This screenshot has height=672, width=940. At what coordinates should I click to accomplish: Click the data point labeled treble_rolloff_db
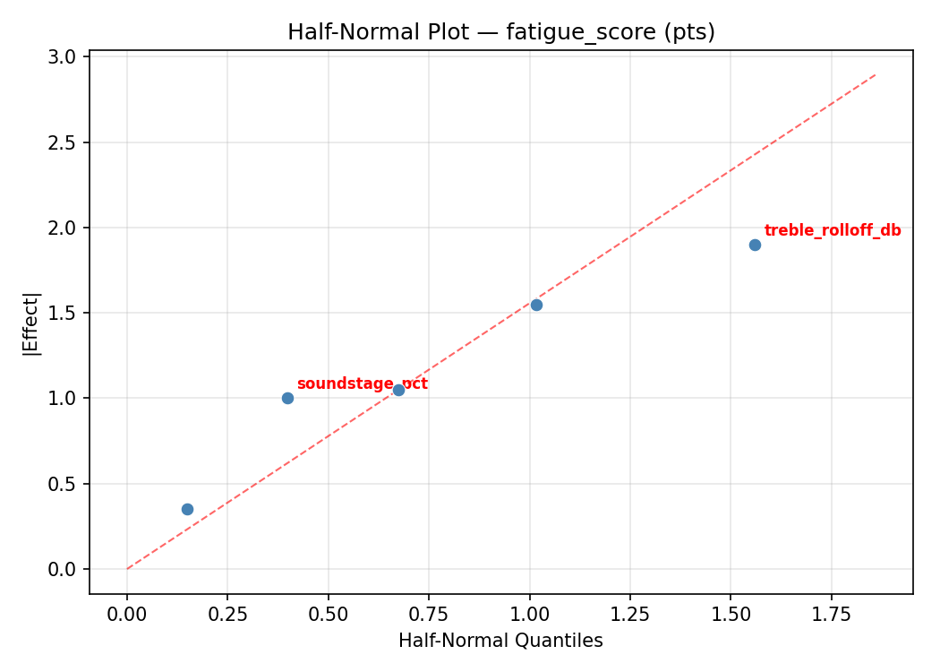click(x=755, y=245)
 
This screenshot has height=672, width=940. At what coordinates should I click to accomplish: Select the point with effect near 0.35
click(x=187, y=509)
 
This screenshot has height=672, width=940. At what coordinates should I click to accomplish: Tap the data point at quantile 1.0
click(x=536, y=305)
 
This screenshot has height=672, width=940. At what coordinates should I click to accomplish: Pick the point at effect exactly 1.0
click(x=287, y=398)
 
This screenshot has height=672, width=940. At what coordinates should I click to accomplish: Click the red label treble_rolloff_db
click(x=833, y=230)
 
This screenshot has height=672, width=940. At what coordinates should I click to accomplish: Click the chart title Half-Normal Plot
click(x=501, y=32)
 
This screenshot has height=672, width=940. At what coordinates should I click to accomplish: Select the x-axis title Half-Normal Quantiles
click(x=500, y=641)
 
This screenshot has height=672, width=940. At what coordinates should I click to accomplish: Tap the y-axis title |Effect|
click(x=31, y=323)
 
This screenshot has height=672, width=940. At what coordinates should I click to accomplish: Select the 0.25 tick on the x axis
click(x=227, y=615)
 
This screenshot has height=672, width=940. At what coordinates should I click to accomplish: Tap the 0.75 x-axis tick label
click(x=429, y=615)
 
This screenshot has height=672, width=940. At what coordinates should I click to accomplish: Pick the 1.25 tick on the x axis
click(x=630, y=615)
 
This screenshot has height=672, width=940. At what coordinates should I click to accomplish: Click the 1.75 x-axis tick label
click(x=831, y=615)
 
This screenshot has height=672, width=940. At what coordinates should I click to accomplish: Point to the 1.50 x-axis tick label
click(x=731, y=615)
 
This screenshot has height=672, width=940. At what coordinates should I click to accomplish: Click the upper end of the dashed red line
click(x=876, y=73)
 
